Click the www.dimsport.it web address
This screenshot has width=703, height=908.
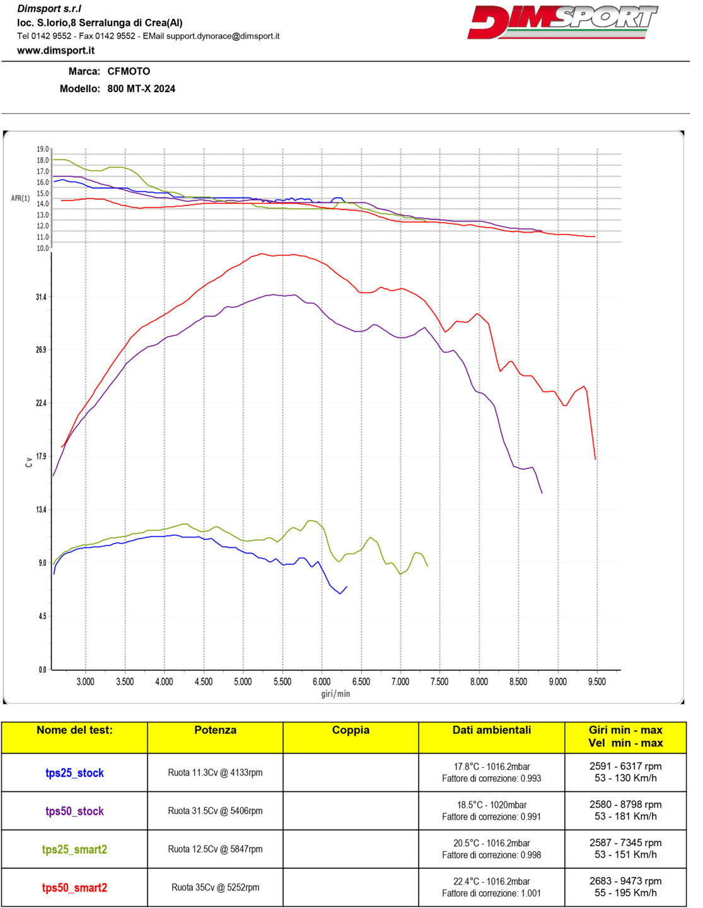coord(57,51)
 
